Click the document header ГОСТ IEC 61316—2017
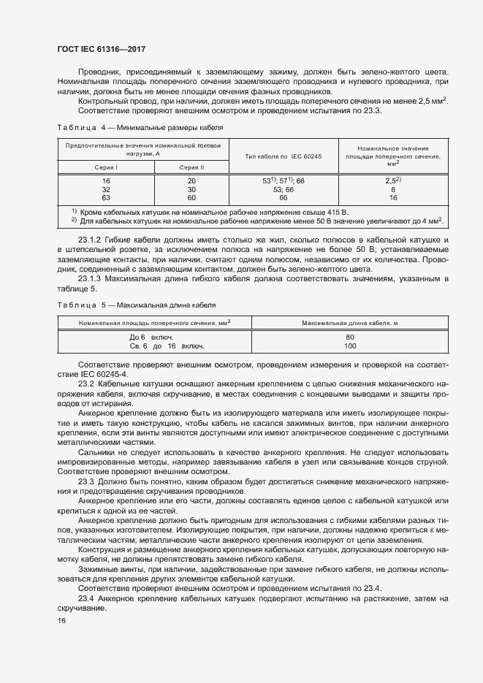tap(102, 50)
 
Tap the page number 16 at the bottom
tap(61, 620)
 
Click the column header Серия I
tap(106, 167)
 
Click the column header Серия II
tap(191, 167)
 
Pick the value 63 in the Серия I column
tap(106, 197)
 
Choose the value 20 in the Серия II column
tap(191, 180)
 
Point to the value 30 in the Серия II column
tap(191, 188)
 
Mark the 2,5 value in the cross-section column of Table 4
tap(392, 180)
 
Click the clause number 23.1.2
tap(91, 240)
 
